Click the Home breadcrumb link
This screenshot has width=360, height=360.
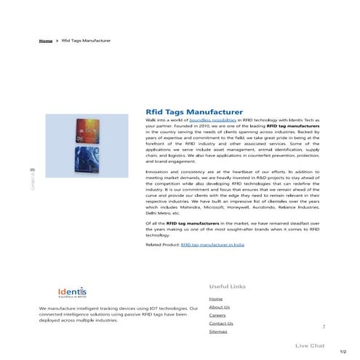point(45,41)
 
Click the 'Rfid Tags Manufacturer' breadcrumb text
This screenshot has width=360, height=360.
point(86,41)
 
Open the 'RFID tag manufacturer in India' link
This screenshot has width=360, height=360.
point(212,246)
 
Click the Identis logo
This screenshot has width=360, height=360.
point(72,292)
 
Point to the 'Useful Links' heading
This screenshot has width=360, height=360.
point(227,286)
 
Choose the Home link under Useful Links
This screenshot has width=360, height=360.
point(215,299)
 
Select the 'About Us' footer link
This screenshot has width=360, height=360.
point(219,307)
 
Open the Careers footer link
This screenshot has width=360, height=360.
point(217,315)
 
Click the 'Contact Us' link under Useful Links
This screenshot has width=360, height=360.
point(220,323)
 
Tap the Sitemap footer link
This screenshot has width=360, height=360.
point(217,331)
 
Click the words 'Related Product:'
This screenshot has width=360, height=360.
point(162,246)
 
